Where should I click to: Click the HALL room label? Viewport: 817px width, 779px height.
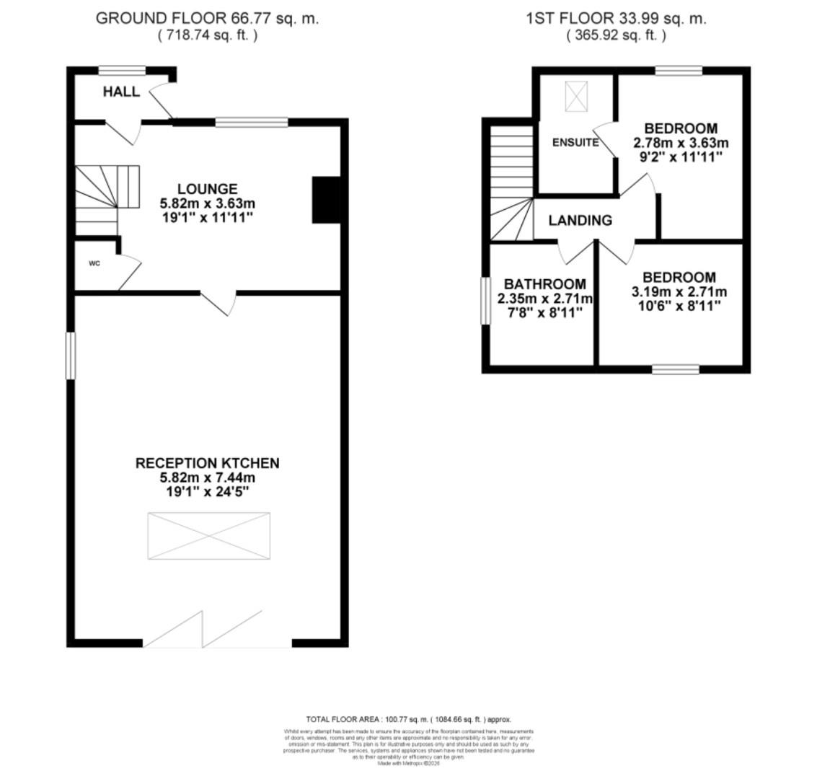pos(121,92)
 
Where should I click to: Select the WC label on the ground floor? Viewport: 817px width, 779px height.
pos(94,264)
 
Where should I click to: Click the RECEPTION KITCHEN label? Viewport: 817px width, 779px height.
pos(207,463)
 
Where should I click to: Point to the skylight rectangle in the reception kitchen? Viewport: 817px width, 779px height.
pos(208,535)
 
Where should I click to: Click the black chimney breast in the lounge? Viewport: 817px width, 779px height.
pos(326,199)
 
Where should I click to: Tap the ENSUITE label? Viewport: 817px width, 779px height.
pos(575,143)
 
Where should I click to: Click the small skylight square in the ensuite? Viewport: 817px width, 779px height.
pos(575,97)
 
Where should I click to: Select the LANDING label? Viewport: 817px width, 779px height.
pos(580,221)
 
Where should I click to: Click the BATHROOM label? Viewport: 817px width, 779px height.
pos(544,284)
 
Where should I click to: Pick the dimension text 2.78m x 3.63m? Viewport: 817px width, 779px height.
pos(680,143)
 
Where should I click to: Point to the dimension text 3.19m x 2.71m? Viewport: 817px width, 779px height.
pos(679,292)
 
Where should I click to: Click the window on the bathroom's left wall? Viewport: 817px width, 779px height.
pos(485,300)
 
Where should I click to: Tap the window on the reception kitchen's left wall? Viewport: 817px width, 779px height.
pos(71,355)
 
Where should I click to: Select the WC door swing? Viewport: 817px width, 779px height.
pos(128,273)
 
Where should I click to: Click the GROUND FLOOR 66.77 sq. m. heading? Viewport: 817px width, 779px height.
pos(207,19)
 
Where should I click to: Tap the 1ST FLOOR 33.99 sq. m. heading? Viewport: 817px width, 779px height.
pos(616,19)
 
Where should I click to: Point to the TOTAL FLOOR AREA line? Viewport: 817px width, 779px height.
pos(408,719)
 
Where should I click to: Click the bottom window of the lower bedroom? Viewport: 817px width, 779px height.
pos(676,369)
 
